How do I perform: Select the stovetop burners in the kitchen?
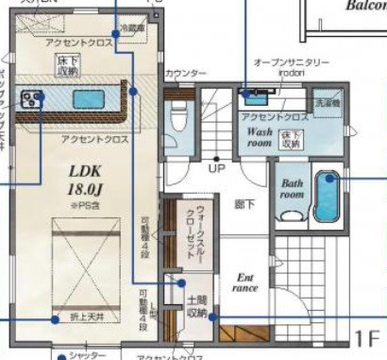pyautogui.click(x=29, y=97)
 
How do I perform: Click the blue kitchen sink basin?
pyautogui.click(x=88, y=97)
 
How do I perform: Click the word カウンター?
pyautogui.click(x=185, y=73)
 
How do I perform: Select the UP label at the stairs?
pyautogui.click(x=216, y=169)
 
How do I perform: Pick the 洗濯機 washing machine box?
pyautogui.click(x=326, y=101)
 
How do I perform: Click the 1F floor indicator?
pyautogui.click(x=367, y=338)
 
